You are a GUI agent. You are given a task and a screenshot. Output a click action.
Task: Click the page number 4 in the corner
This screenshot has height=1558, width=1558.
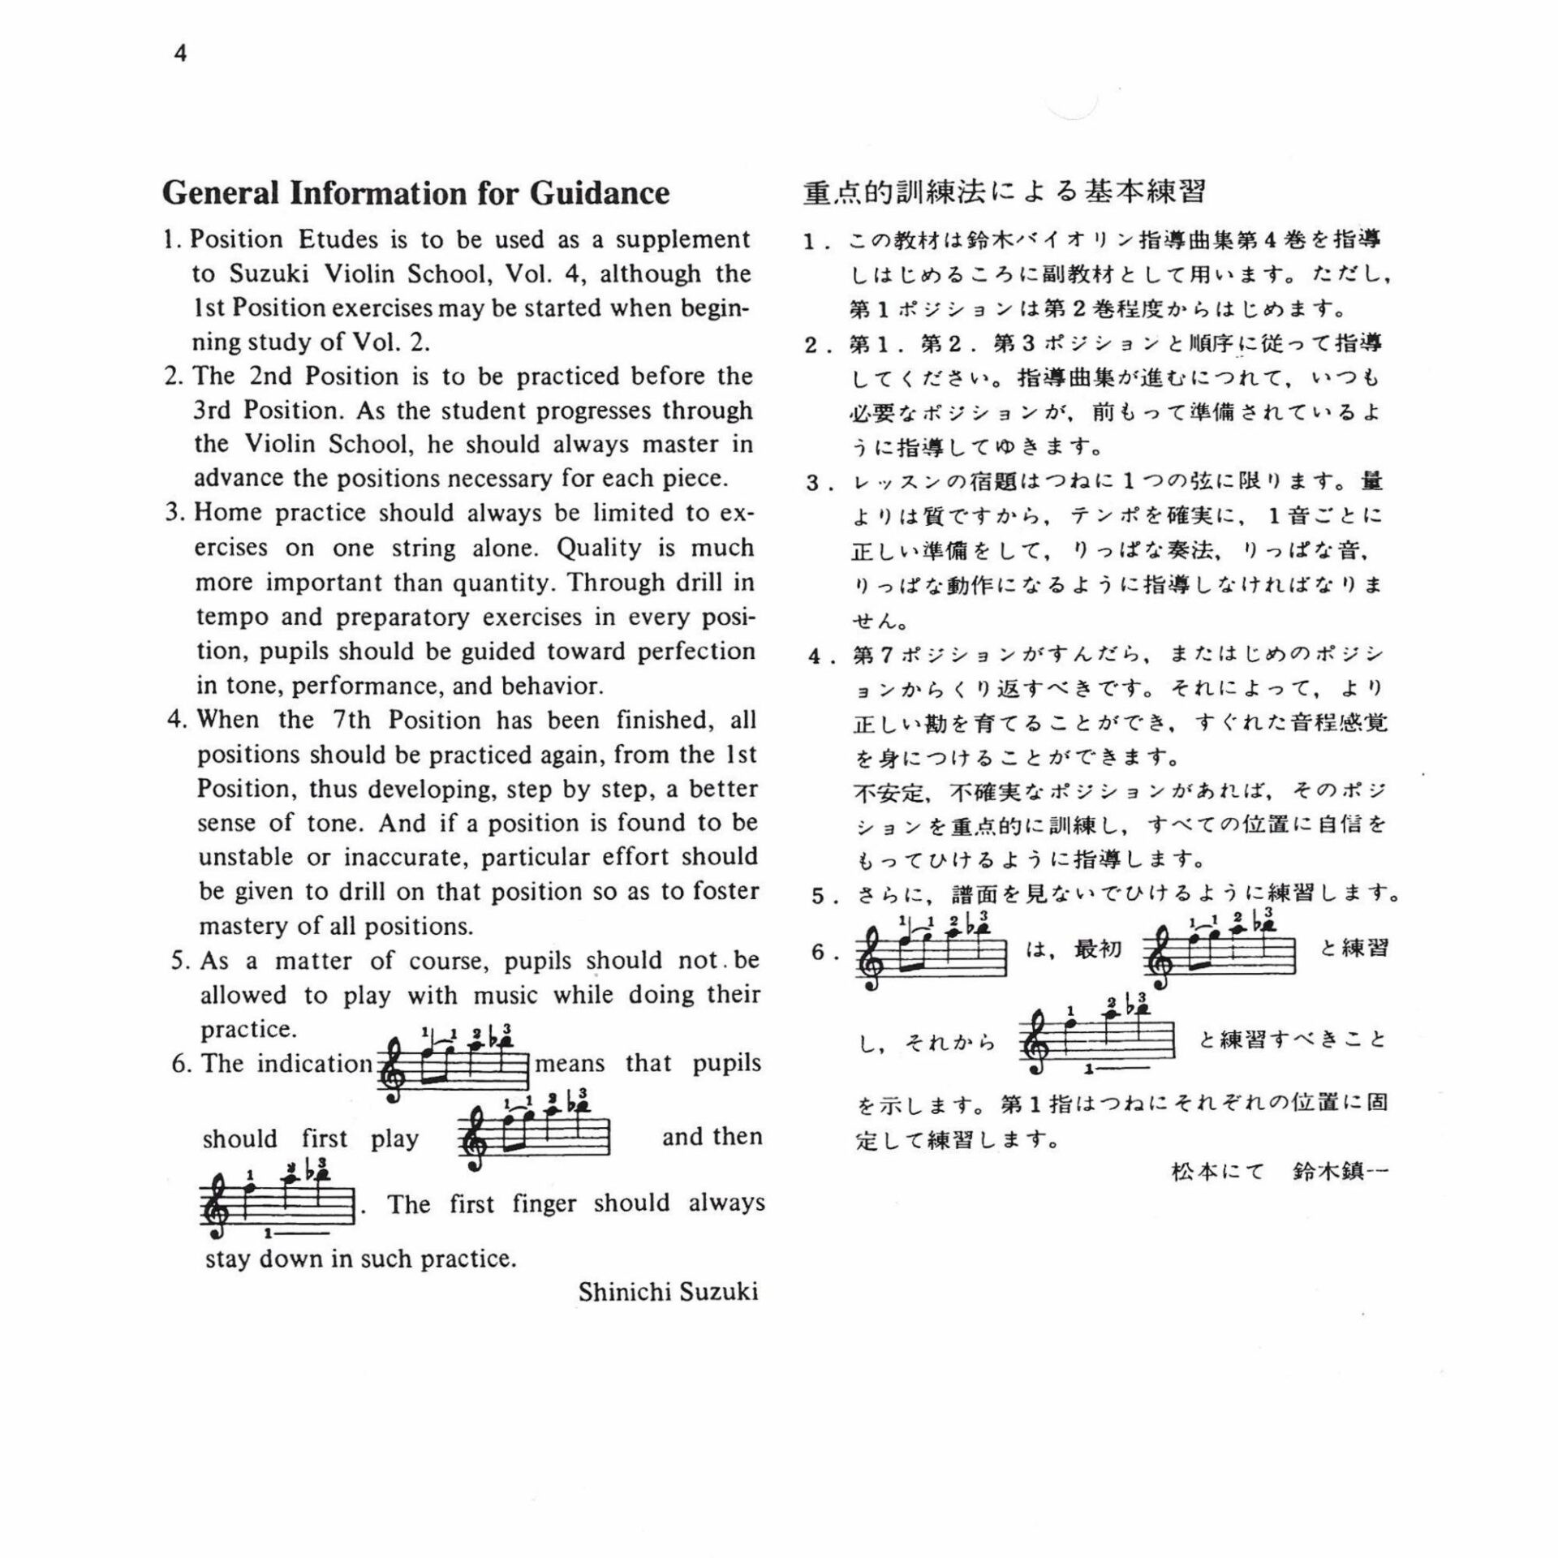180,54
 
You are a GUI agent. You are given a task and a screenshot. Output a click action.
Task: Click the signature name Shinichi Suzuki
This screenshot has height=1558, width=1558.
668,1292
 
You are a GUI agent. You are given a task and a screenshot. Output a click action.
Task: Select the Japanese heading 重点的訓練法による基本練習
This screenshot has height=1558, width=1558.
1004,192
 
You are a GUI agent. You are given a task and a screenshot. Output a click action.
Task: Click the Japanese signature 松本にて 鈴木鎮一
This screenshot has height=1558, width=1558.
1280,1172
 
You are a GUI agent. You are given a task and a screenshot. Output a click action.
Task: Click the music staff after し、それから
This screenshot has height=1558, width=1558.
1096,1039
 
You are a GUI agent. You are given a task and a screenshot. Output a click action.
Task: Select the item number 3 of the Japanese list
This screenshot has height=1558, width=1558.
813,484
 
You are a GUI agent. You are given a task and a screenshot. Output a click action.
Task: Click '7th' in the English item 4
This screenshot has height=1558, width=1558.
351,721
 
